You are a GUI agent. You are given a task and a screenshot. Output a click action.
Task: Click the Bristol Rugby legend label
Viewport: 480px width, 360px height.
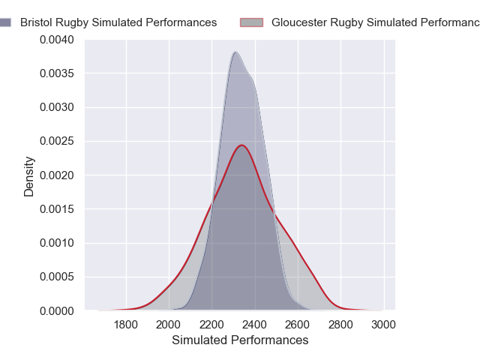click(118, 22)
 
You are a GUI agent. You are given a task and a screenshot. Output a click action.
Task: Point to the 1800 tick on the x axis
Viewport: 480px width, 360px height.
click(126, 325)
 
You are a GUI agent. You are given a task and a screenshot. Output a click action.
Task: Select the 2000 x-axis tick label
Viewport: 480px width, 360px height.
click(169, 325)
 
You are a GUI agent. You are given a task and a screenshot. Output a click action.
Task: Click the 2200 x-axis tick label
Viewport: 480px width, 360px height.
click(212, 325)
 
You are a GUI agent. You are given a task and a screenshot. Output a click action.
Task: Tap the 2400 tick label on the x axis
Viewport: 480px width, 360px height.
click(255, 325)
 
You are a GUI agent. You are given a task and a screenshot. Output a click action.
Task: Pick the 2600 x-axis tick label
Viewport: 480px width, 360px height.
click(298, 325)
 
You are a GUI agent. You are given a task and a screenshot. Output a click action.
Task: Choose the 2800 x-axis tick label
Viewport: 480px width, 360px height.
click(341, 325)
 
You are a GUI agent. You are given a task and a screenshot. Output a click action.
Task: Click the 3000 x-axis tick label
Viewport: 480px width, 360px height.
click(384, 325)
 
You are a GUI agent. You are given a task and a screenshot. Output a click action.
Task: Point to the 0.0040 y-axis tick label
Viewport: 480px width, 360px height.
click(58, 39)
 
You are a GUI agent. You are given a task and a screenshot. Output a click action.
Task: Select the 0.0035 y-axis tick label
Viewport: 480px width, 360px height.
click(58, 73)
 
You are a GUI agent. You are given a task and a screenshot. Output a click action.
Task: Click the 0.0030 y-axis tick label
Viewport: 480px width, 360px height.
click(58, 107)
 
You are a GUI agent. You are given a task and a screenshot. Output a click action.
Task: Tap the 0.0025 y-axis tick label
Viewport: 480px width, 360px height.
click(58, 141)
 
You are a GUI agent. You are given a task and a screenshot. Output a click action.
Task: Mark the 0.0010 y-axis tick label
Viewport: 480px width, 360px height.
click(58, 243)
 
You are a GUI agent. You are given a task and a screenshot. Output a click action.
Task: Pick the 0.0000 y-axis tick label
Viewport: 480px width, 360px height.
click(58, 310)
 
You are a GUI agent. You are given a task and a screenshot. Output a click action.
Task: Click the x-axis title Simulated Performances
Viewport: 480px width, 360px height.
click(240, 340)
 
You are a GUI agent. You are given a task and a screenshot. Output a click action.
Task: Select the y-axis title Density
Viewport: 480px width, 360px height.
click(29, 175)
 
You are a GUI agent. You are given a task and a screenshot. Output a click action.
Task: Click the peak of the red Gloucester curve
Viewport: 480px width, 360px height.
click(242, 145)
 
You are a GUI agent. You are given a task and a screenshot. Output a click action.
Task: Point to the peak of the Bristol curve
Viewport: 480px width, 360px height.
click(235, 52)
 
